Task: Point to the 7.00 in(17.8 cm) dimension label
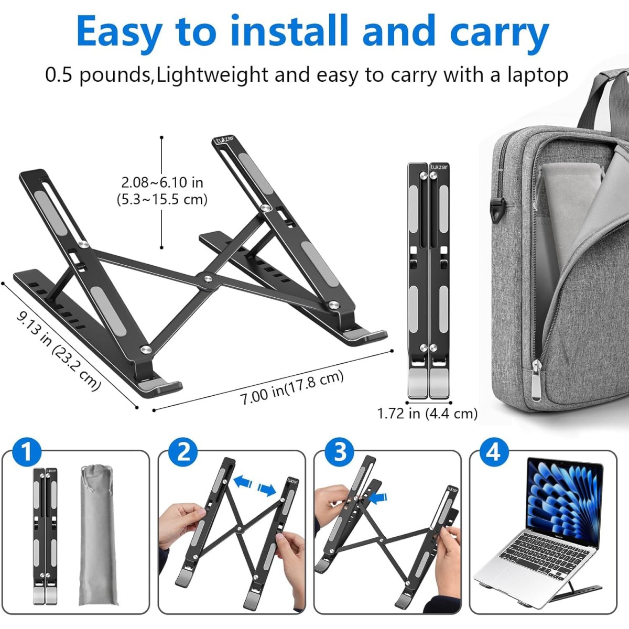[x=291, y=387]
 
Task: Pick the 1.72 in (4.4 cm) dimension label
[x=427, y=414]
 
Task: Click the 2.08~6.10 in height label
[x=162, y=182]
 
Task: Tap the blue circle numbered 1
[x=27, y=451]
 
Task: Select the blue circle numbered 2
[x=183, y=451]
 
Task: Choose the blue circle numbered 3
[x=340, y=451]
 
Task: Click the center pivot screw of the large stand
[x=208, y=279]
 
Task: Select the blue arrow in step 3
[x=379, y=496]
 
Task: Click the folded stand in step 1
[x=46, y=535]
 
